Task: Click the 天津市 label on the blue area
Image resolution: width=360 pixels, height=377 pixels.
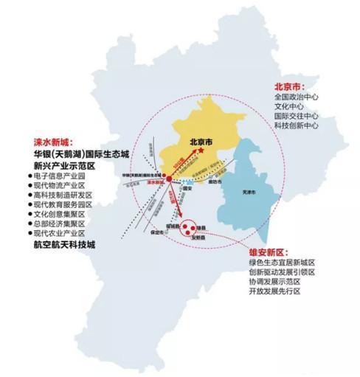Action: click(249, 192)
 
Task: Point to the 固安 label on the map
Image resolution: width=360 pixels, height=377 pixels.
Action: click(186, 187)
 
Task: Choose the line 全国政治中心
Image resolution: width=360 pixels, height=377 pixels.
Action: click(297, 96)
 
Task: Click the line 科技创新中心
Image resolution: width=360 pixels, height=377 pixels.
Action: click(297, 126)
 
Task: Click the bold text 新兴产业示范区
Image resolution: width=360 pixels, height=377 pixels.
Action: click(60, 167)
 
